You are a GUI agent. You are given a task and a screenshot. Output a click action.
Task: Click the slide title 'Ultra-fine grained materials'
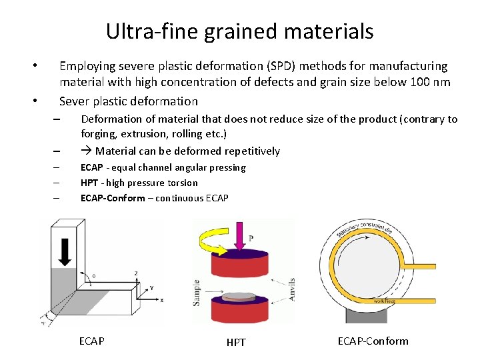tap(239, 31)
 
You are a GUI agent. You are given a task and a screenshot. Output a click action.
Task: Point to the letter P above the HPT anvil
tap(251, 239)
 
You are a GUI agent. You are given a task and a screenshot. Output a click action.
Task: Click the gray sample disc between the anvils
tap(242, 296)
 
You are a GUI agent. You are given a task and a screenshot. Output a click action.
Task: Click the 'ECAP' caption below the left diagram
tap(91, 341)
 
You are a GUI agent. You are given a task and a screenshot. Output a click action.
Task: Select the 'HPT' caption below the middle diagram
tap(236, 342)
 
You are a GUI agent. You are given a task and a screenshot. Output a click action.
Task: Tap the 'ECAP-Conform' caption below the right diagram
tap(373, 341)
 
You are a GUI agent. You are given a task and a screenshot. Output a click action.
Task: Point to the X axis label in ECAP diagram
tap(161, 301)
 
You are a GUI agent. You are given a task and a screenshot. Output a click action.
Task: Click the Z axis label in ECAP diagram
tap(136, 273)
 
